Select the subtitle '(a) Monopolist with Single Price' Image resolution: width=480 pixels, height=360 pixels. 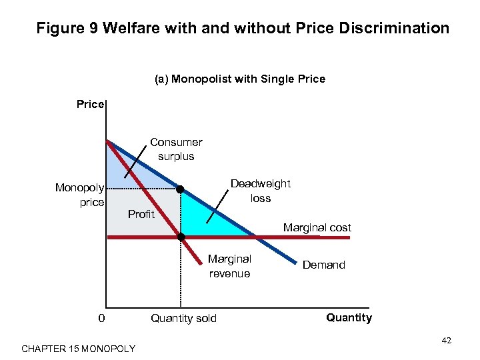pyautogui.click(x=240, y=79)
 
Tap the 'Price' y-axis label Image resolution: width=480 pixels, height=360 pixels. pyautogui.click(x=90, y=104)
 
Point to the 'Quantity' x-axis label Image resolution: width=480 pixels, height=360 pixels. pyautogui.click(x=349, y=317)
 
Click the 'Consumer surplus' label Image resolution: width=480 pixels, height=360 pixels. pyautogui.click(x=176, y=149)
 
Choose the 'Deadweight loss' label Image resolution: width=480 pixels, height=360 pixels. pyautogui.click(x=261, y=191)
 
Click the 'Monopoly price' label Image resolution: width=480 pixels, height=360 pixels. pyautogui.click(x=79, y=195)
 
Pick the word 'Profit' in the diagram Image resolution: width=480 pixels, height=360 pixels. pyautogui.click(x=141, y=214)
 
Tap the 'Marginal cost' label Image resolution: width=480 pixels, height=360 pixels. pyautogui.click(x=317, y=227)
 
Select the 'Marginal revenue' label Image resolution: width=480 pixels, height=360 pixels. pyautogui.click(x=229, y=266)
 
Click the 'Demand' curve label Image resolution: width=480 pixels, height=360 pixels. pyautogui.click(x=324, y=265)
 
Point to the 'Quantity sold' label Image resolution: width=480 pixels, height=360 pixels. pyautogui.click(x=183, y=318)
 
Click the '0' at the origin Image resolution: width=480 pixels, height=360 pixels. pyautogui.click(x=101, y=318)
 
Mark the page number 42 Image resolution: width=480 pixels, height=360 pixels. pyautogui.click(x=446, y=341)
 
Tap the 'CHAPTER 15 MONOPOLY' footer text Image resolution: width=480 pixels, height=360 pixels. pyautogui.click(x=78, y=349)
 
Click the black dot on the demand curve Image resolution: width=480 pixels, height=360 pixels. pyautogui.click(x=180, y=189)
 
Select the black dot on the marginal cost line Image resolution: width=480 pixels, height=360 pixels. pyautogui.click(x=181, y=236)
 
